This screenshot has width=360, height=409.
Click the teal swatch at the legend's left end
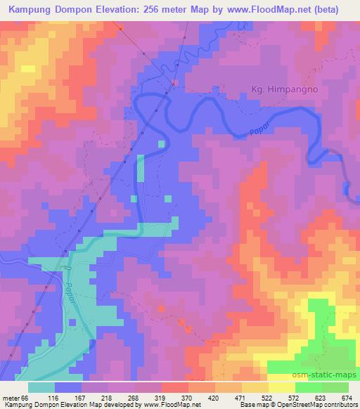[42, 387]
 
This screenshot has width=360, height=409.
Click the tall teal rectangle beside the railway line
[141, 169]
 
